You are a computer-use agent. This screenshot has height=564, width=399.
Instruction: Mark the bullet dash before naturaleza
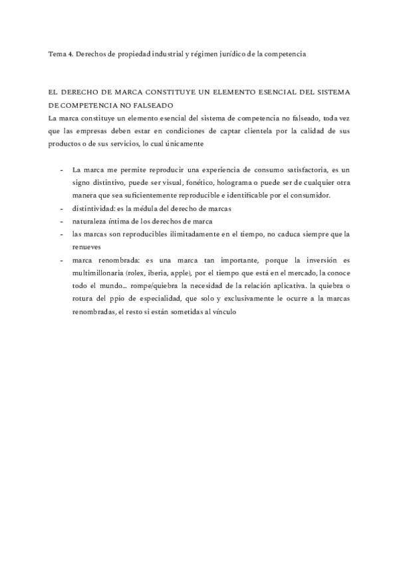point(62,221)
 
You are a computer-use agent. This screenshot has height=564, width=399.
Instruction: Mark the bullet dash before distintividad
point(62,208)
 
